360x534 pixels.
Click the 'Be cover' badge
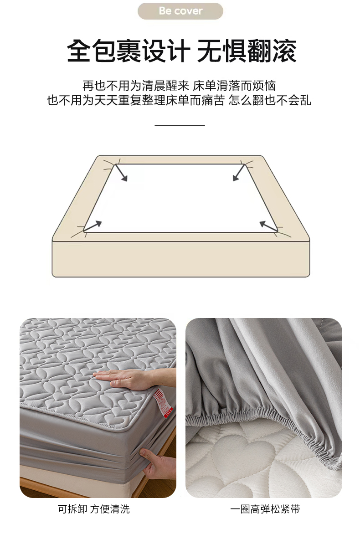180,11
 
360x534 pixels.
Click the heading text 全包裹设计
129,51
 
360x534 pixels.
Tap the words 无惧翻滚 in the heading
247,51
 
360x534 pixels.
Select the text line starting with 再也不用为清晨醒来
179,86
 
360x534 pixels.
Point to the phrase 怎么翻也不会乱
270,100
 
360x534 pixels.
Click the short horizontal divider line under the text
180,125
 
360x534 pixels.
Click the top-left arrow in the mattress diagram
121,173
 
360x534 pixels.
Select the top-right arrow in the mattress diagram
239,173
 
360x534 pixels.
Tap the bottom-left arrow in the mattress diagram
93,226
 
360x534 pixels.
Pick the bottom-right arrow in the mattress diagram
269,226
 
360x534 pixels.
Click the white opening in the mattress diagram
180,198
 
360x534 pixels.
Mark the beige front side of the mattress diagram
181,259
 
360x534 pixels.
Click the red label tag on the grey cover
163,403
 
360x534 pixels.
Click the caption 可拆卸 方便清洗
94,509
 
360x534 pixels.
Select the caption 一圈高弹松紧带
265,509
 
